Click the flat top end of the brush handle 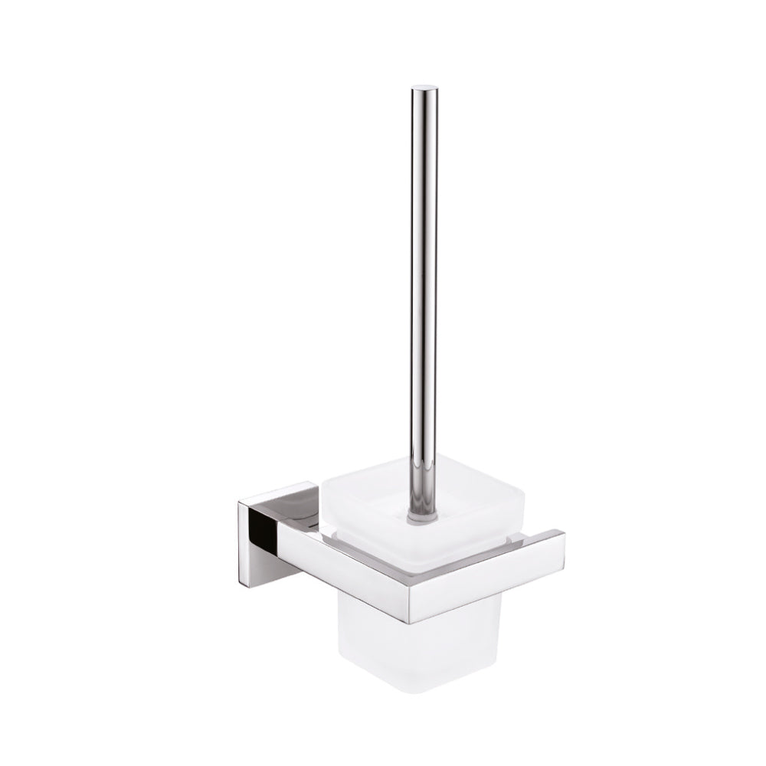click(x=422, y=89)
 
